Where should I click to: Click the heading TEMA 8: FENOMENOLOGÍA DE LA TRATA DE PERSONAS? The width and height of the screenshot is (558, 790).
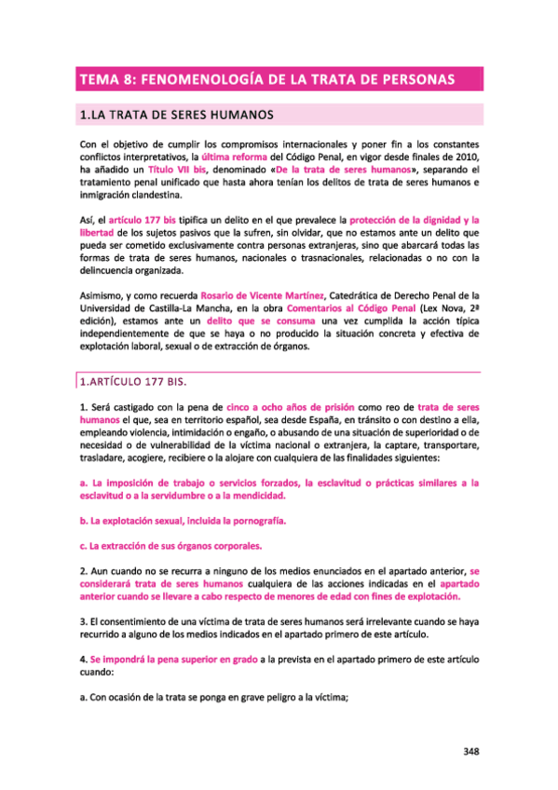coord(265,80)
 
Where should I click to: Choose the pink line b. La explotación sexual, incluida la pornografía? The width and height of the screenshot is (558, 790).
coord(183,519)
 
